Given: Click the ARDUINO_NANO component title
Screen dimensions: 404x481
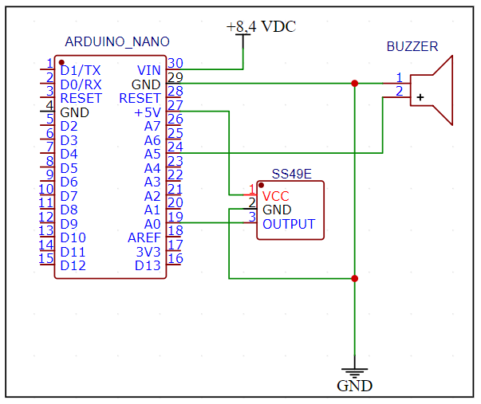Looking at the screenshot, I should coord(116,41).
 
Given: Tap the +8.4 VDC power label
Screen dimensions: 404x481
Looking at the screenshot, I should coord(261,27).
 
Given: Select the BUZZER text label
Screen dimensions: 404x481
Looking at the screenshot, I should coord(412,46).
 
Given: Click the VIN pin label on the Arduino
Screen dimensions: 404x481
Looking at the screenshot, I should coord(148,71).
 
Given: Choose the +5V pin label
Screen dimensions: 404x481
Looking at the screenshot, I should coord(147,113).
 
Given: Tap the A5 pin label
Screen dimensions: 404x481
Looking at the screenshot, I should coord(152,155).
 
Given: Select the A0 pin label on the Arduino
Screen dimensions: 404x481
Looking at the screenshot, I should coord(152,224).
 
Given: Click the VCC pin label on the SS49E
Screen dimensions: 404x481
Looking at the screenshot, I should coord(276,196).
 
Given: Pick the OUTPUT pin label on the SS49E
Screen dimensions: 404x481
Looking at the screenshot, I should coord(289,225).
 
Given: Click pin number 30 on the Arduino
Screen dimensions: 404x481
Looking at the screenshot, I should coord(175,65).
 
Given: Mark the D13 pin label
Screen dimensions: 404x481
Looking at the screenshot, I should coord(148,265).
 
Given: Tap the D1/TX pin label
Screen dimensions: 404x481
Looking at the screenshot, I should coord(81,71).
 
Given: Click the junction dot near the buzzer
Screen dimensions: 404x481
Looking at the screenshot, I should coord(354,83).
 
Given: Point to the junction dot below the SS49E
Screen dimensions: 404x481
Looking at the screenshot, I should coord(354,278).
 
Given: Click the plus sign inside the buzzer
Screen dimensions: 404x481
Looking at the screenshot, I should coord(420,97).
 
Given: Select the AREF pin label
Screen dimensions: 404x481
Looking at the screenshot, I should coord(144,237).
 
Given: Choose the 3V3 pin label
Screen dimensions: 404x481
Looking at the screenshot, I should coord(148,252).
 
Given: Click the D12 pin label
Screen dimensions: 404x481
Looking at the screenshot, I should coord(73,265).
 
